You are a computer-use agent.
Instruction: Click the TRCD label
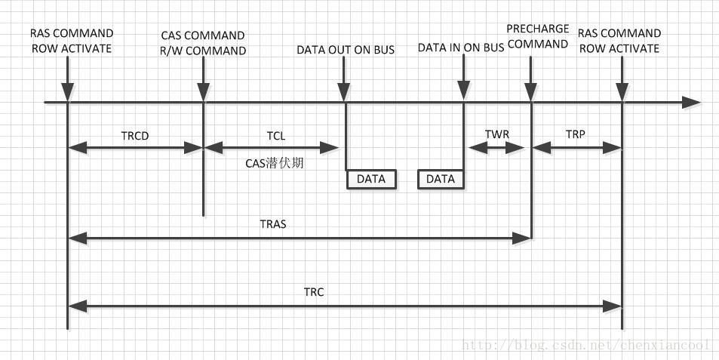tap(135, 136)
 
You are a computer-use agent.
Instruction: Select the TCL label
tap(275, 136)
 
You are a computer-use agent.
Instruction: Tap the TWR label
tap(496, 134)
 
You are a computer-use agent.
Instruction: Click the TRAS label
tap(272, 224)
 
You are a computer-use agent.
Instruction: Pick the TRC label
tap(313, 292)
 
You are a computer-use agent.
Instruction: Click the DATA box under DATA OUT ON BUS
tap(370, 179)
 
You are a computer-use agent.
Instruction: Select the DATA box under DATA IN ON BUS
tap(441, 179)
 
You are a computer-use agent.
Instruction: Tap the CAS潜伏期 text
tap(275, 162)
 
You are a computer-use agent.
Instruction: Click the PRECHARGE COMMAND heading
tap(537, 36)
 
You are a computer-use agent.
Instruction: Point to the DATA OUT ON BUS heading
tap(346, 51)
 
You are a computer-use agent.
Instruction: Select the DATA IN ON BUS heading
tap(461, 48)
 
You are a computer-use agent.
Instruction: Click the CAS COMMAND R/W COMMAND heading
tap(204, 43)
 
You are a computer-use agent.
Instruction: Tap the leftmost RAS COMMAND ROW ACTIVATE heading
tap(71, 41)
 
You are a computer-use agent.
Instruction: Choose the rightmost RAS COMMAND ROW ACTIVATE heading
tap(619, 41)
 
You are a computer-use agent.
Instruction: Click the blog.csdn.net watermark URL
tap(585, 346)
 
